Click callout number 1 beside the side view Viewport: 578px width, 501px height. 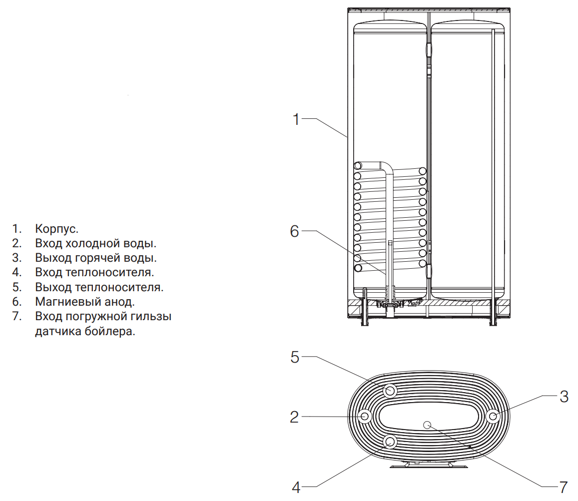click(296, 119)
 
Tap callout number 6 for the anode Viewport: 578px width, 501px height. click(294, 231)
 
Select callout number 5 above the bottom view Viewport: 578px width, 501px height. click(295, 357)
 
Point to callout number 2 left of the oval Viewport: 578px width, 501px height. click(294, 417)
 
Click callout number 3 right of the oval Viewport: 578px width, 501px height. click(564, 397)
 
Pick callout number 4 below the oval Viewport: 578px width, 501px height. click(296, 488)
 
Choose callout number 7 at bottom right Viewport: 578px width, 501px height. click(563, 488)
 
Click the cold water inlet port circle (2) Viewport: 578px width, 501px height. click(365, 417)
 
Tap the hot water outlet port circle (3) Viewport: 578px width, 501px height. click(493, 417)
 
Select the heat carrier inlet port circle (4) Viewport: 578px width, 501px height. click(390, 442)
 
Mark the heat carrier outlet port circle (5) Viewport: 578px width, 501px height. click(390, 391)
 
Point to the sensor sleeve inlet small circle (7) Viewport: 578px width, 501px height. click(427, 425)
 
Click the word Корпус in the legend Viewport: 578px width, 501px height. click(57, 229)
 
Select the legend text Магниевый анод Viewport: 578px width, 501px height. click(85, 302)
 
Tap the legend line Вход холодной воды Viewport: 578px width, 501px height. click(96, 244)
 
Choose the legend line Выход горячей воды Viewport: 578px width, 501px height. click(96, 258)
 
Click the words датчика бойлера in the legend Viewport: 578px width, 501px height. click(85, 332)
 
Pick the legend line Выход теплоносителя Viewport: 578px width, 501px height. click(99, 287)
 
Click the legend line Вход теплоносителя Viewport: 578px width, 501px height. click(94, 273)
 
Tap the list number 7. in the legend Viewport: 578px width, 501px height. click(16, 316)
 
